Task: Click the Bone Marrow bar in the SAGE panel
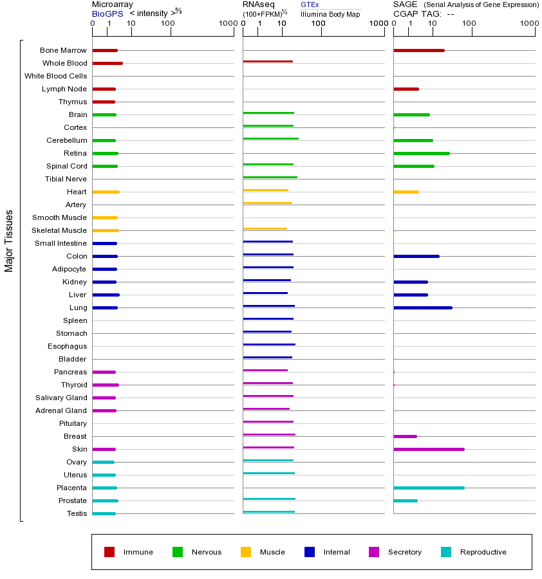[418, 50]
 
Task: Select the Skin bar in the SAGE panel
[429, 449]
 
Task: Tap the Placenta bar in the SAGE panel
[429, 488]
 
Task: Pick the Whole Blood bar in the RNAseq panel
[268, 61]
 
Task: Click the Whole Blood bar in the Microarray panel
[107, 63]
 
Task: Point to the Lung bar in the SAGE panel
[422, 308]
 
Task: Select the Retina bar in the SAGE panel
[421, 153]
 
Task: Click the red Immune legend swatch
[109, 552]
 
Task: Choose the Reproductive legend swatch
[446, 552]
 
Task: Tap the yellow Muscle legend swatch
[246, 552]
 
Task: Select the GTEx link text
[310, 5]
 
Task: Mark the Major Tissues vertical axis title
[9, 241]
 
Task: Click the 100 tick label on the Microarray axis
[167, 24]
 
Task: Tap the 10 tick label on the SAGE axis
[433, 24]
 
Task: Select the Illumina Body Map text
[330, 14]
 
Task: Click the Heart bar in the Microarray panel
[106, 192]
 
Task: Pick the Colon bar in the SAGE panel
[416, 256]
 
